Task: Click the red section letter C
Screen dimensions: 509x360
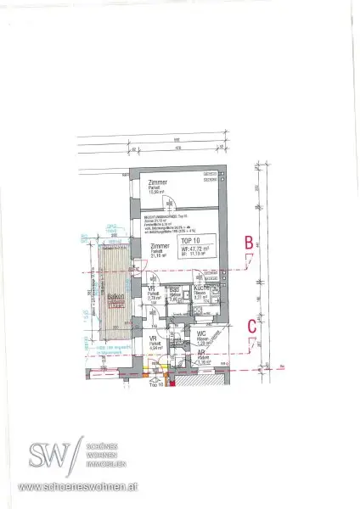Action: click(x=252, y=324)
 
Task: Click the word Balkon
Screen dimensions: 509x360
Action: click(x=113, y=299)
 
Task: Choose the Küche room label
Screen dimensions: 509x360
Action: click(x=202, y=288)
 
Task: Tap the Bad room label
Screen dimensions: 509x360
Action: click(x=173, y=289)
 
